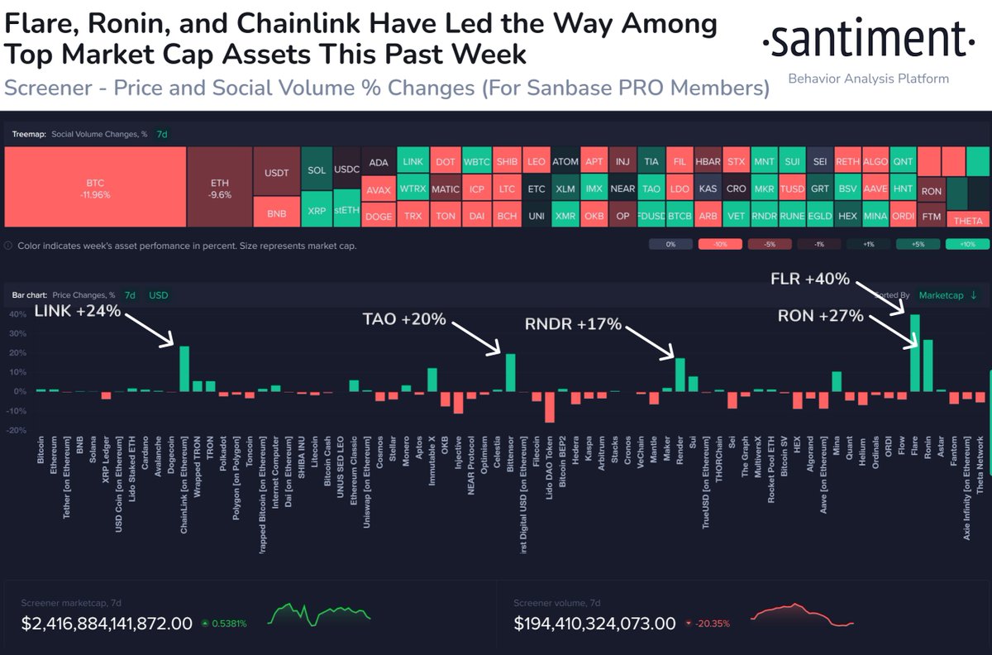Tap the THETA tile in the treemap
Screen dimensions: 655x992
(x=967, y=220)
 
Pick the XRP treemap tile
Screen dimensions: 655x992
(x=317, y=212)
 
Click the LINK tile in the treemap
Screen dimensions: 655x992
(x=412, y=161)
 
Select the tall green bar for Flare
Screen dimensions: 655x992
(x=914, y=352)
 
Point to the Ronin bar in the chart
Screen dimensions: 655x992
(x=928, y=365)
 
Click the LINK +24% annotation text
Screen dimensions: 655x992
(x=78, y=312)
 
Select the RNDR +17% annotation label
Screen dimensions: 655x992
(x=574, y=324)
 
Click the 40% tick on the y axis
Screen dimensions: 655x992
(x=17, y=315)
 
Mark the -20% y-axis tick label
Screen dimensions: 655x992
(x=17, y=430)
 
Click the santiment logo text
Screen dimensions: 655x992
(x=865, y=39)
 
